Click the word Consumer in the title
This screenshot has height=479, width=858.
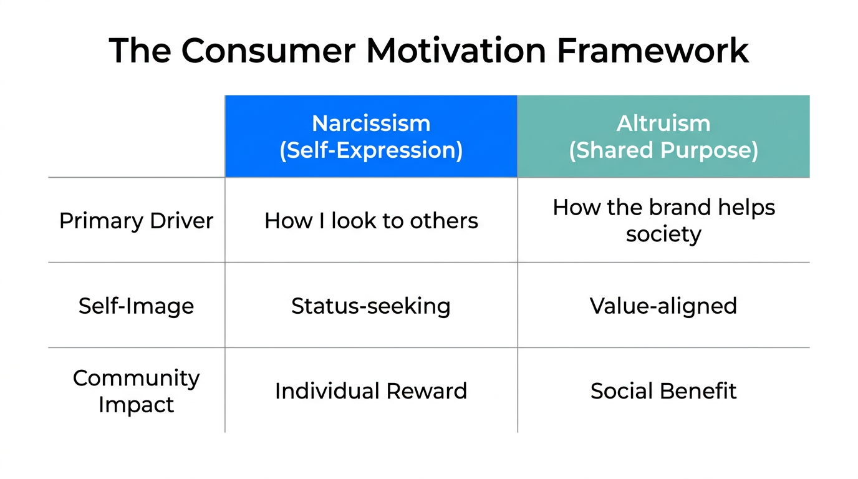pos(268,51)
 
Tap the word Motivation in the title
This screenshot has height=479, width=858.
pos(456,51)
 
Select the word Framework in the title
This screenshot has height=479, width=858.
pos(652,51)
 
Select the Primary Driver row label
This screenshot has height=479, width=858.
pos(136,221)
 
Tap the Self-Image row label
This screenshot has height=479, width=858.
pos(136,306)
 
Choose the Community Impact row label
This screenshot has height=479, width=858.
pos(136,391)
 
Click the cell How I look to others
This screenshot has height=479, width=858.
pos(371,221)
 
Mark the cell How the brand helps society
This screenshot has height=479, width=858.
pos(663,221)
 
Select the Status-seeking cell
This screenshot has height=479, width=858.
pos(371,306)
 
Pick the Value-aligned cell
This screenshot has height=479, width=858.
pos(663,306)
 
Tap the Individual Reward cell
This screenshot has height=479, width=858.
pos(371,391)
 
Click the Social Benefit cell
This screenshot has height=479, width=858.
pos(663,391)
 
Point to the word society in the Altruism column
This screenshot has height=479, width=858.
pos(663,235)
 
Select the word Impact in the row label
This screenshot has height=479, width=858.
pos(136,405)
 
